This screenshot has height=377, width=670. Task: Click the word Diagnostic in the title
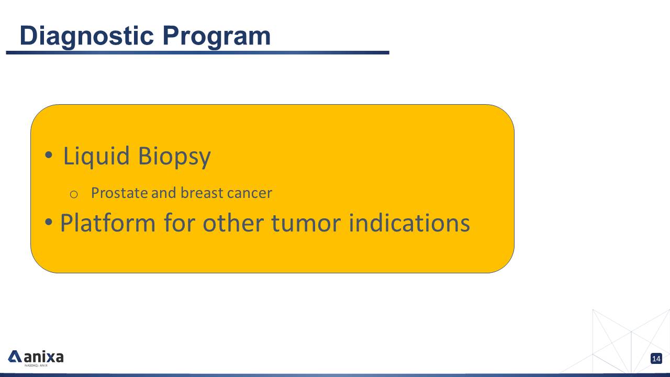coord(87,37)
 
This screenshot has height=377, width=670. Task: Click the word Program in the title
coord(217,37)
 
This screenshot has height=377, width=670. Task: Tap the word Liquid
coord(96,157)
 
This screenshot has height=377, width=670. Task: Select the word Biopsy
coord(174,157)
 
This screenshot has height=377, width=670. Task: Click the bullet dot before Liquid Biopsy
coord(49,155)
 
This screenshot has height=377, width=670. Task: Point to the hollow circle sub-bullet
coord(74,194)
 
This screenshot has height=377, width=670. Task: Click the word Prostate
coord(119,193)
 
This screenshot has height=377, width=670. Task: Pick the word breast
coord(202,193)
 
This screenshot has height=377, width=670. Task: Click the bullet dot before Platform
coord(49,222)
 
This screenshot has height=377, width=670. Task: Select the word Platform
coord(108,223)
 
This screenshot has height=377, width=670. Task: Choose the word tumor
coord(306,224)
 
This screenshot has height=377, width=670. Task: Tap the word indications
coord(409,223)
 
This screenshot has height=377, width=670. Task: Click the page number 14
coord(656,359)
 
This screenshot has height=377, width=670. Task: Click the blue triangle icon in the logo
coord(15,357)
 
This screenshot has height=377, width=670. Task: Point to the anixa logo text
coord(43,357)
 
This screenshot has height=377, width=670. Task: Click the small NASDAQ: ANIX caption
coord(36,365)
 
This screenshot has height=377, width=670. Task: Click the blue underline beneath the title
coord(197,53)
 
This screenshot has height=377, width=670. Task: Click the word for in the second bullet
coord(180,223)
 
